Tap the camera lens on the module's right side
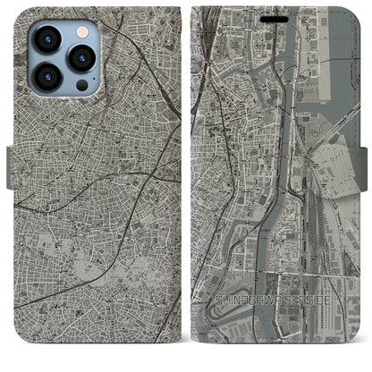click(x=81, y=60)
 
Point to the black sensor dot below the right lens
click(x=81, y=86)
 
